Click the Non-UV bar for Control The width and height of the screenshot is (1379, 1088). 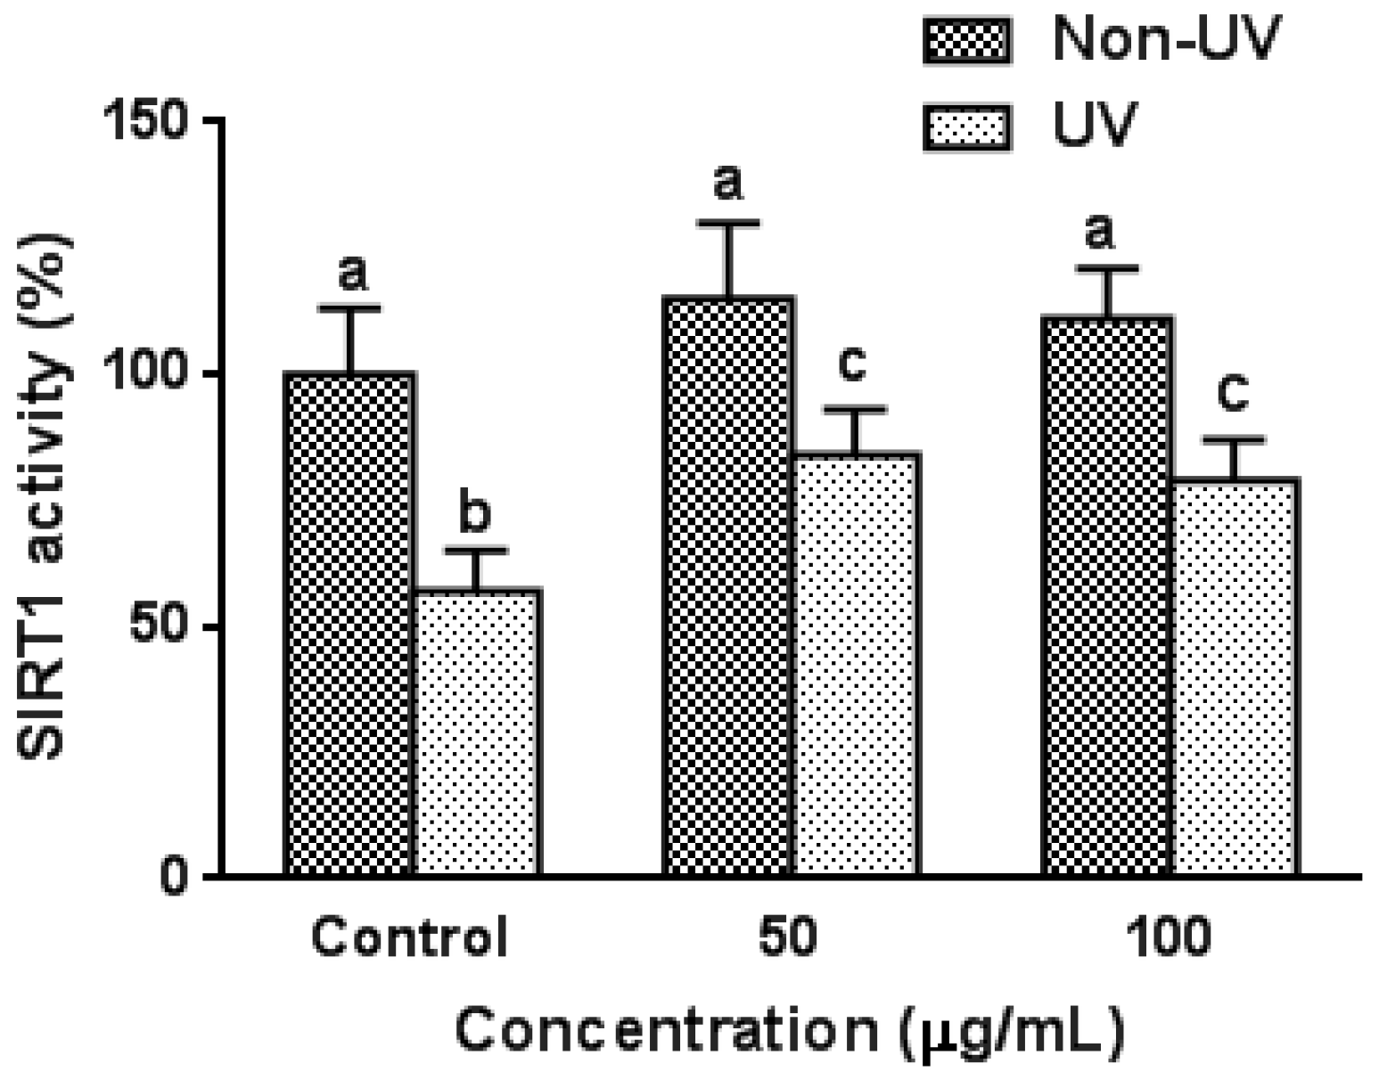pos(349,624)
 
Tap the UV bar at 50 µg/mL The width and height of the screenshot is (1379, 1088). pos(855,664)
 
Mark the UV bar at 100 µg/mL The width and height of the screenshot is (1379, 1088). pos(1234,677)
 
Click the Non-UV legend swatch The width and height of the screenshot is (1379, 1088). pos(967,42)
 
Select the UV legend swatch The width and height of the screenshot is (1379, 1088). pos(967,127)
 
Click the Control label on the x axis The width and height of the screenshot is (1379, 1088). pos(410,938)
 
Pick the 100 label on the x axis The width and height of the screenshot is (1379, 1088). pos(1168,938)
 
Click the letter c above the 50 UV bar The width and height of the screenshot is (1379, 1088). pos(853,363)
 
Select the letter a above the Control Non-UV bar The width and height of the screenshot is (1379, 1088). pos(352,272)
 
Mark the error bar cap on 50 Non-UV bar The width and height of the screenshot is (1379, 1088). pos(727,223)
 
